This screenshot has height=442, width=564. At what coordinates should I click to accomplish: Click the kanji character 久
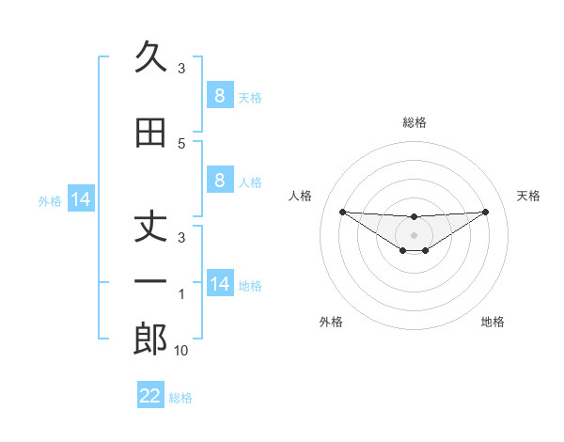click(x=150, y=58)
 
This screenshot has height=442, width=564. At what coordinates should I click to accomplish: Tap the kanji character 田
click(x=150, y=134)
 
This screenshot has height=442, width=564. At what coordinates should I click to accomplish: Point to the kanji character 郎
click(x=150, y=339)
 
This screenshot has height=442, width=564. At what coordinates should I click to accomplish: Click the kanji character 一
click(x=150, y=282)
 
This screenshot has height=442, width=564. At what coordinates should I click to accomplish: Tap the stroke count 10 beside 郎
click(x=181, y=351)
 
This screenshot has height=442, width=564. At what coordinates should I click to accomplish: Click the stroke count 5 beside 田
click(x=181, y=144)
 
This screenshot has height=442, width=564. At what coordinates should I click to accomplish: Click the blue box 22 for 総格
click(x=150, y=396)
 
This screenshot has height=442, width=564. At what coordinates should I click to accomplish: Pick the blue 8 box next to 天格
click(x=219, y=95)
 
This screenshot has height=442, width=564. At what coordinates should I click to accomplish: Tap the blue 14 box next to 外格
click(x=80, y=199)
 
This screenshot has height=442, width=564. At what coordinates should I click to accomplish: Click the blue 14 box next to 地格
click(x=219, y=284)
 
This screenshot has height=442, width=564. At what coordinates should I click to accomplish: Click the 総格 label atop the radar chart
click(x=415, y=122)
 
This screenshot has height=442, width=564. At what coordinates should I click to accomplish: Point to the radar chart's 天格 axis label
click(x=528, y=196)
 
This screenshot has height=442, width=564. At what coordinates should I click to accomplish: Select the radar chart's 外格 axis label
click(x=331, y=322)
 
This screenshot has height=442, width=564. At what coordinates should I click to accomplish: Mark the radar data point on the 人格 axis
click(x=342, y=212)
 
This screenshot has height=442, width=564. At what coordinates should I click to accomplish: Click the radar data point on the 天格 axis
click(x=485, y=212)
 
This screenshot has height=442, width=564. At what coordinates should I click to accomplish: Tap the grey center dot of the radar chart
click(x=415, y=234)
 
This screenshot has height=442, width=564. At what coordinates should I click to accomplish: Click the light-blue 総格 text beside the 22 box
click(x=180, y=398)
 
